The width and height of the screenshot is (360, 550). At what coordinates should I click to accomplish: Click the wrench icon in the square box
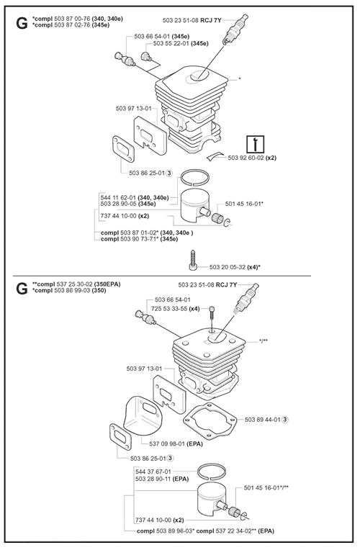coord(256,144)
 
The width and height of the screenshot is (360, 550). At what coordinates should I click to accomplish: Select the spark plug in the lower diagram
coord(247,297)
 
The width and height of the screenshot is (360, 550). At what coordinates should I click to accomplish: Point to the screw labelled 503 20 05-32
coord(192,260)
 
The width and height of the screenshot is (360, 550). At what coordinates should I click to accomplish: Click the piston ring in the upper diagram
coord(194,178)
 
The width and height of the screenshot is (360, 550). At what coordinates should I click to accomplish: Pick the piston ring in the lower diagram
coord(211,471)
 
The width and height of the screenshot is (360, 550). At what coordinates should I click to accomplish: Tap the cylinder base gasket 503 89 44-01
coord(210,420)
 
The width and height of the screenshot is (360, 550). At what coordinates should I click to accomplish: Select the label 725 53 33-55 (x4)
coord(176,309)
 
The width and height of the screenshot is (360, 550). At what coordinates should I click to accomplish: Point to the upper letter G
coord(22,23)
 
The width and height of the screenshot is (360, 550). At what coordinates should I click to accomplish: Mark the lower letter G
coord(22,289)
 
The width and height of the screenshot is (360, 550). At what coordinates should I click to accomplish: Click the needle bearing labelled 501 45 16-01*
coord(218,217)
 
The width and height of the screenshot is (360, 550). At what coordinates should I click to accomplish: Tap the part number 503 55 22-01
coord(171,43)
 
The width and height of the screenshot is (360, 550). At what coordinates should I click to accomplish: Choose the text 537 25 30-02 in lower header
coord(74,284)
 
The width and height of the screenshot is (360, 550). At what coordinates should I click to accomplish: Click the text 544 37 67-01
coord(153,472)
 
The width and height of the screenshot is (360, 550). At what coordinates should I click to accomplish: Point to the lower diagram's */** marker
coord(264,341)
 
